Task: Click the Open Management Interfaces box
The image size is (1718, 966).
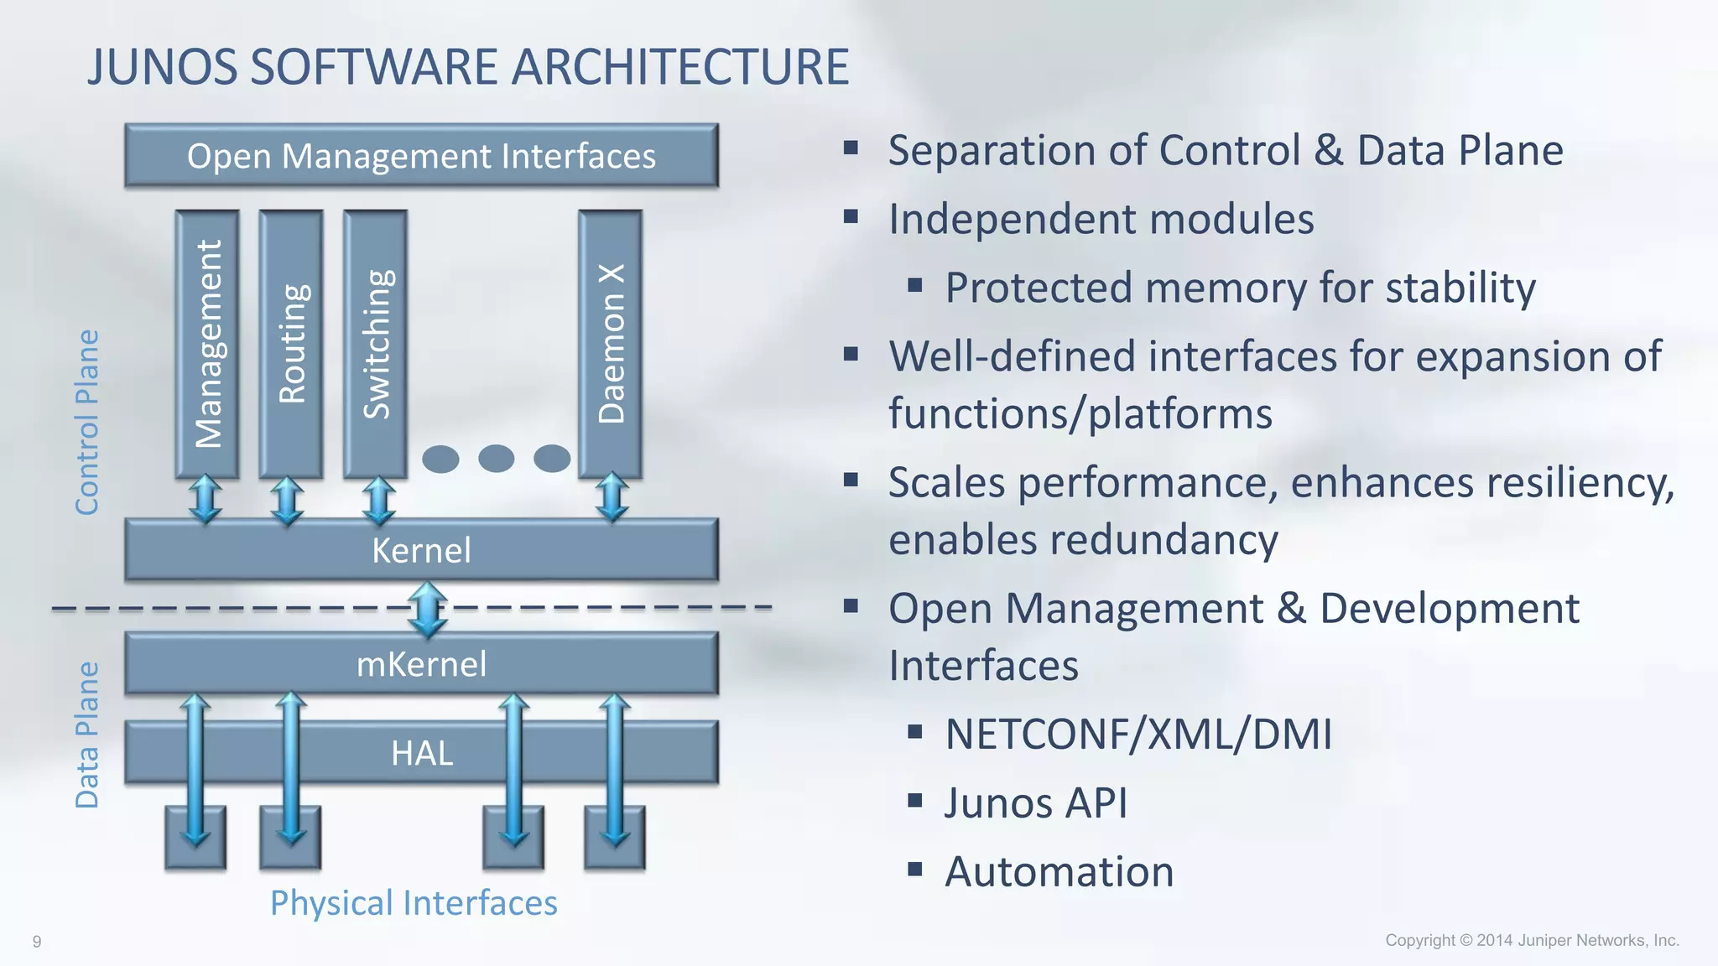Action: (x=421, y=156)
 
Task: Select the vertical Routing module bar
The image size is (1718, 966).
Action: (x=291, y=344)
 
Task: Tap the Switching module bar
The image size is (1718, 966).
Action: (x=376, y=344)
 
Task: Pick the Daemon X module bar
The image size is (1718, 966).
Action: (x=611, y=344)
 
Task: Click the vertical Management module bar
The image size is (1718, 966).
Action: (x=207, y=344)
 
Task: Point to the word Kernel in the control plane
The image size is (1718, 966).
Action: (x=421, y=551)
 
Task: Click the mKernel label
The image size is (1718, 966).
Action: (x=421, y=664)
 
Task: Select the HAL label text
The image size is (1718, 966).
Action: (x=421, y=753)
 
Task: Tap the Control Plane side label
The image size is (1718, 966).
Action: (x=87, y=422)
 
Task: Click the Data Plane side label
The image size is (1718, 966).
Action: (x=87, y=735)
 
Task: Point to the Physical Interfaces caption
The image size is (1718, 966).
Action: (x=414, y=903)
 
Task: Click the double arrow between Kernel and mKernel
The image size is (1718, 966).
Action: (x=427, y=608)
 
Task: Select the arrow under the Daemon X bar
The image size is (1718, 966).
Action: (x=612, y=497)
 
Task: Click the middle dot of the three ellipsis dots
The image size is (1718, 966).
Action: (x=496, y=459)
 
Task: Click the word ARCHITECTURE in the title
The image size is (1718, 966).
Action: (x=680, y=67)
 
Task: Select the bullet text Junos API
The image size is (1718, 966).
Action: (x=1036, y=802)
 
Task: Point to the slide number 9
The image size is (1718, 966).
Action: (x=37, y=942)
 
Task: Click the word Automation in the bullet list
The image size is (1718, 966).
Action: (x=1059, y=871)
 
